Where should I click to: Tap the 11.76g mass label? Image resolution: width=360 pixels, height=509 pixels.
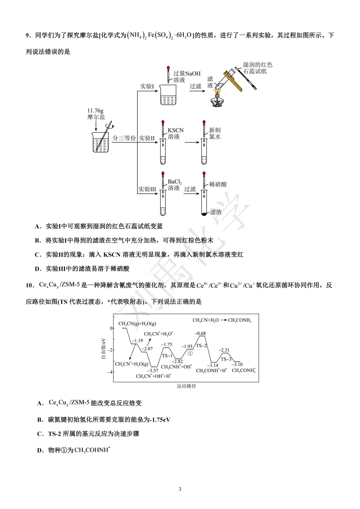click(95, 111)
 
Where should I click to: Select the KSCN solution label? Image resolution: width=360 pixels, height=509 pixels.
click(175, 133)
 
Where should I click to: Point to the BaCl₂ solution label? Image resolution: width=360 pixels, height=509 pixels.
click(175, 185)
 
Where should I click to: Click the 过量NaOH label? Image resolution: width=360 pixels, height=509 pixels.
click(187, 73)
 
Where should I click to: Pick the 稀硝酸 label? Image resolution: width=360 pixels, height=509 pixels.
click(218, 184)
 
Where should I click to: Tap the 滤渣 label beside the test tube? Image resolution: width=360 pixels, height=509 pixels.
click(216, 212)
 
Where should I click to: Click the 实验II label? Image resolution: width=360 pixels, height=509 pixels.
click(147, 138)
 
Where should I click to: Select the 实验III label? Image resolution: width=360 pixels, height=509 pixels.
click(147, 189)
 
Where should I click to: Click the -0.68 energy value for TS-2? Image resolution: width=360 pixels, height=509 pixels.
click(200, 333)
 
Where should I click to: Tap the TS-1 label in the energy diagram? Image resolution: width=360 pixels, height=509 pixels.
click(167, 356)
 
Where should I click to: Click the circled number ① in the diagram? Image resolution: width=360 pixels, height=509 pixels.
click(190, 353)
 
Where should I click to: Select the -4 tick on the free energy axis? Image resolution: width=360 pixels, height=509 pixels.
click(110, 372)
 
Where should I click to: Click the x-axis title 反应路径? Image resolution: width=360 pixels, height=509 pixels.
click(186, 386)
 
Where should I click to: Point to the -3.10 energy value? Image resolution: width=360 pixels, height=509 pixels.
click(237, 364)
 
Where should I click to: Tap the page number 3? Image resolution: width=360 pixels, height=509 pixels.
click(180, 489)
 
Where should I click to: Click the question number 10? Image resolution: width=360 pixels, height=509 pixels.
click(30, 285)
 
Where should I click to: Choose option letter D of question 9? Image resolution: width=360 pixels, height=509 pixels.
click(38, 269)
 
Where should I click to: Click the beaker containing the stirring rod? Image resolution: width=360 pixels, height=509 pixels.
click(101, 142)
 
